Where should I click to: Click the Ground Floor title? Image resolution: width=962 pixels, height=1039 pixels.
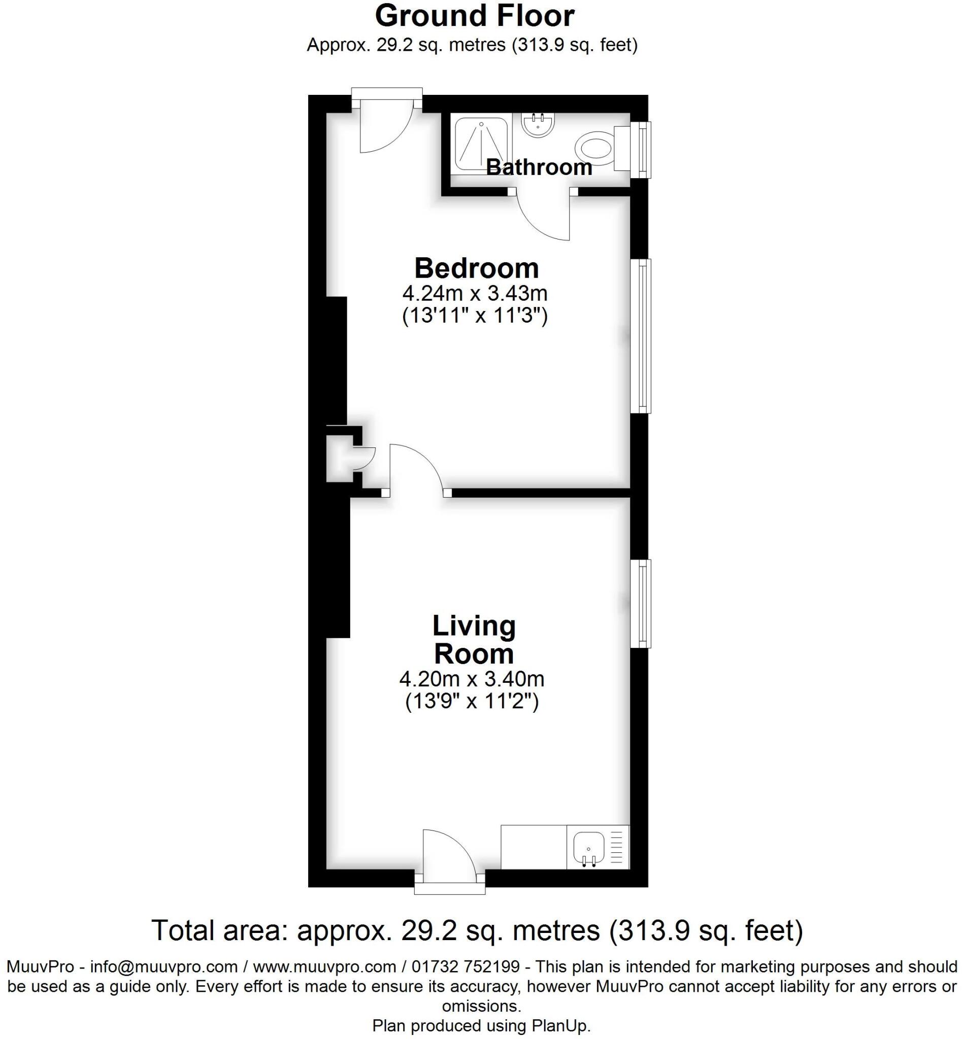474,16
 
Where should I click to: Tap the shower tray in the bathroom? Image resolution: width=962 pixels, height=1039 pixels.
481,144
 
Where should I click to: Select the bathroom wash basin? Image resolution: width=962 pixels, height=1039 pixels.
538,125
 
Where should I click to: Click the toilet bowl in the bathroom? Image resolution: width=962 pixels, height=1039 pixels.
594,147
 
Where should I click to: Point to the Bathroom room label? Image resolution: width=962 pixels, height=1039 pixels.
539,167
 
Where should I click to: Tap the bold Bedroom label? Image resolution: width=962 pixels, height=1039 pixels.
476,268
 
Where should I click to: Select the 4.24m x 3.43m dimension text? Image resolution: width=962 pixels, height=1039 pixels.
474,293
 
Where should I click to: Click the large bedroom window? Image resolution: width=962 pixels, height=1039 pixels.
641,336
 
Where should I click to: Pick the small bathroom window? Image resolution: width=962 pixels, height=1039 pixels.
641,149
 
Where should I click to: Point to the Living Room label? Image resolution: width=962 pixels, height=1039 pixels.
474,640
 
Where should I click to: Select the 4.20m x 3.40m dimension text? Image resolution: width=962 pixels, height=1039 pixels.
472,679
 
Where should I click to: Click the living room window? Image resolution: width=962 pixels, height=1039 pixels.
641,604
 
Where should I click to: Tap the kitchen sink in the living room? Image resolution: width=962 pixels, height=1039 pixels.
588,847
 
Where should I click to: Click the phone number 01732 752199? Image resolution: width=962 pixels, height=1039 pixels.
466,966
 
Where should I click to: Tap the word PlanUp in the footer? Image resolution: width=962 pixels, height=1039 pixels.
560,1025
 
